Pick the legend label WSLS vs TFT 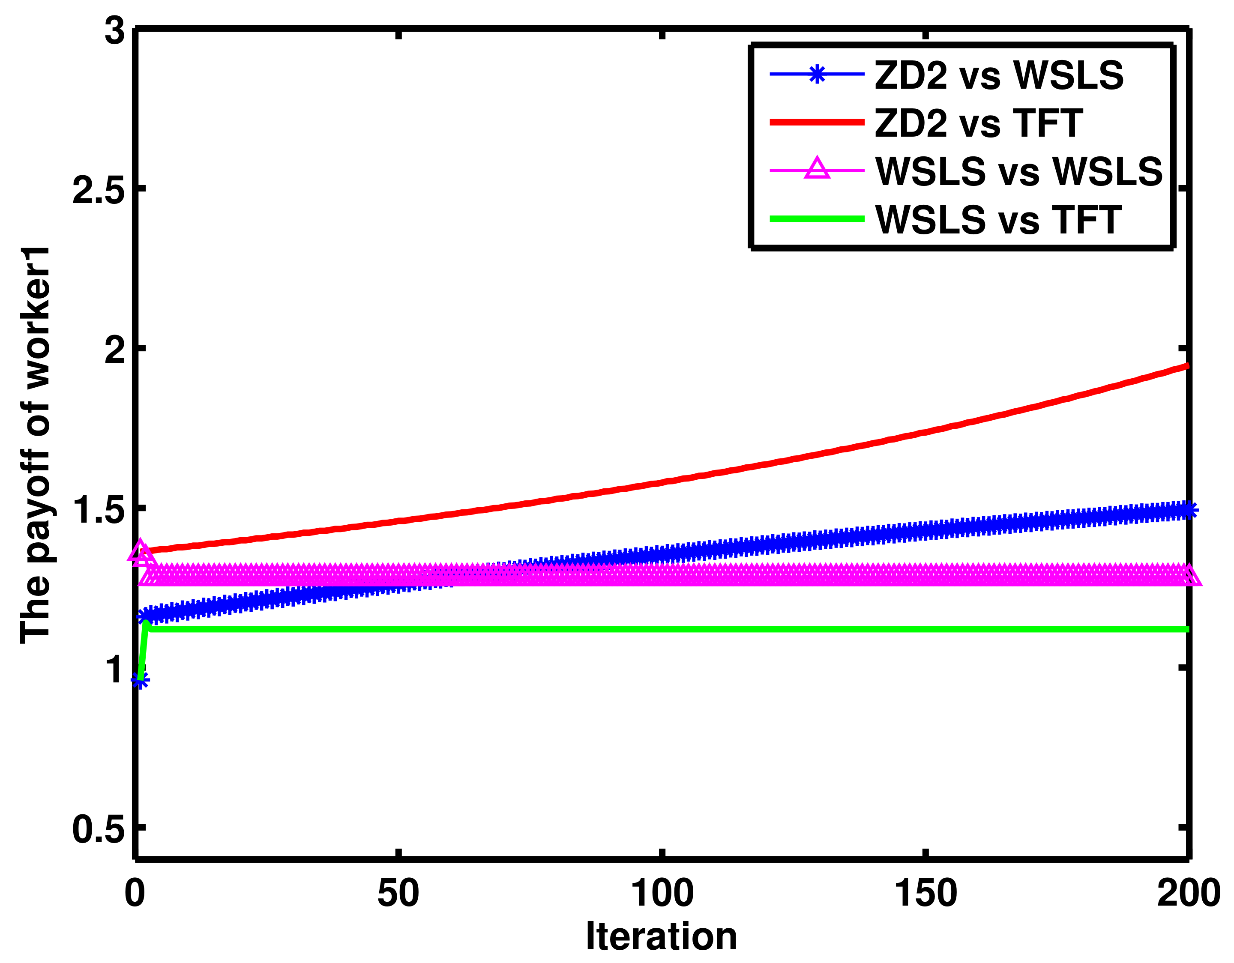click(x=998, y=220)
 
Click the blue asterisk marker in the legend click(x=816, y=75)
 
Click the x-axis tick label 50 click(x=398, y=894)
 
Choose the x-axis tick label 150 click(x=925, y=894)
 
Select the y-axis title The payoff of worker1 click(x=35, y=445)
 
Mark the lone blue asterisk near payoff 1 click(x=140, y=680)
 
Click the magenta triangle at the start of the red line click(x=141, y=552)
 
